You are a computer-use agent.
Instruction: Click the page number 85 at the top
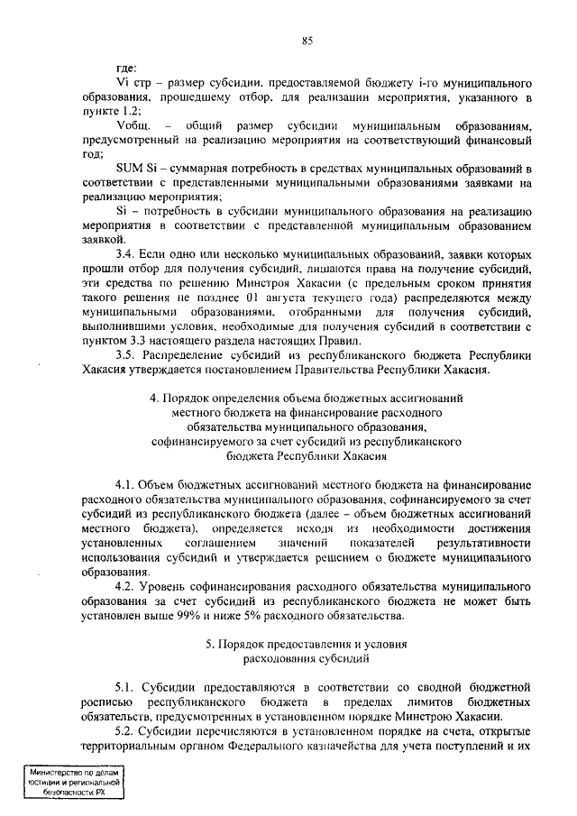click(x=307, y=41)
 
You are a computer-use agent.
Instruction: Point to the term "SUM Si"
click(x=135, y=169)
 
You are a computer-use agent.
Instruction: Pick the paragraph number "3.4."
click(x=129, y=255)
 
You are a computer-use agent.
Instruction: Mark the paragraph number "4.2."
click(x=129, y=585)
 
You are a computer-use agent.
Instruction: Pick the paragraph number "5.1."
click(x=129, y=686)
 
